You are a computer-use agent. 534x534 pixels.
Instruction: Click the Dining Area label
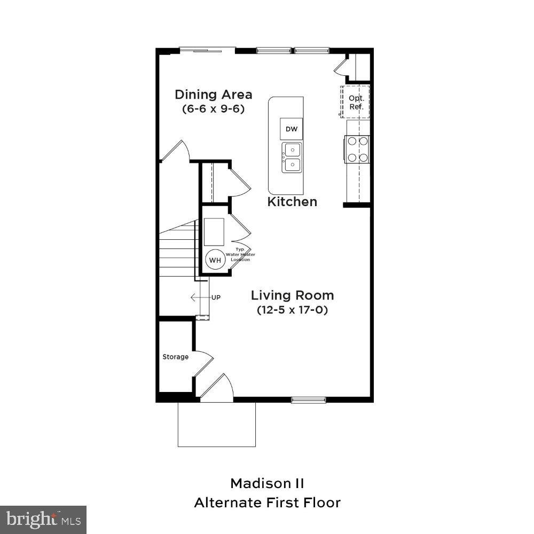pyautogui.click(x=214, y=95)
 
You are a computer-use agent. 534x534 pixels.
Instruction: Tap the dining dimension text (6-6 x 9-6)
pyautogui.click(x=214, y=108)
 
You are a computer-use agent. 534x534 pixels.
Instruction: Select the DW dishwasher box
pyautogui.click(x=291, y=129)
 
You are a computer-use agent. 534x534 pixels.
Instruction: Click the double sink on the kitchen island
pyautogui.click(x=292, y=158)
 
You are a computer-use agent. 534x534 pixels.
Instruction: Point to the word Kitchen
pyautogui.click(x=292, y=202)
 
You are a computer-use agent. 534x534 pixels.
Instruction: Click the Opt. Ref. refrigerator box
pyautogui.click(x=356, y=101)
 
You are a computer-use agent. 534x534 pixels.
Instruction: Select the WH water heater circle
pyautogui.click(x=215, y=260)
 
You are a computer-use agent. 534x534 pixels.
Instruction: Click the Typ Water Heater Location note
pyautogui.click(x=240, y=255)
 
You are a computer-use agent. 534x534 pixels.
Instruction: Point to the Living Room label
pyautogui.click(x=292, y=295)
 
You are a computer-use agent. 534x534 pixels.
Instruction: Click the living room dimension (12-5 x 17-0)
pyautogui.click(x=292, y=310)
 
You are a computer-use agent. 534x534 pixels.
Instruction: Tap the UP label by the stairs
pyautogui.click(x=216, y=297)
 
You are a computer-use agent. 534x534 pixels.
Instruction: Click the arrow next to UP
pyautogui.click(x=199, y=297)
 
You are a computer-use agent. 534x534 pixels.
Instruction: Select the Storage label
pyautogui.click(x=175, y=357)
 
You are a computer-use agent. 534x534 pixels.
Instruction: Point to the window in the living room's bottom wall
pyautogui.click(x=308, y=399)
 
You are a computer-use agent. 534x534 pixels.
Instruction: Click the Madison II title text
pyautogui.click(x=267, y=484)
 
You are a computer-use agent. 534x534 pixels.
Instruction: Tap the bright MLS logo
pyautogui.click(x=43, y=519)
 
